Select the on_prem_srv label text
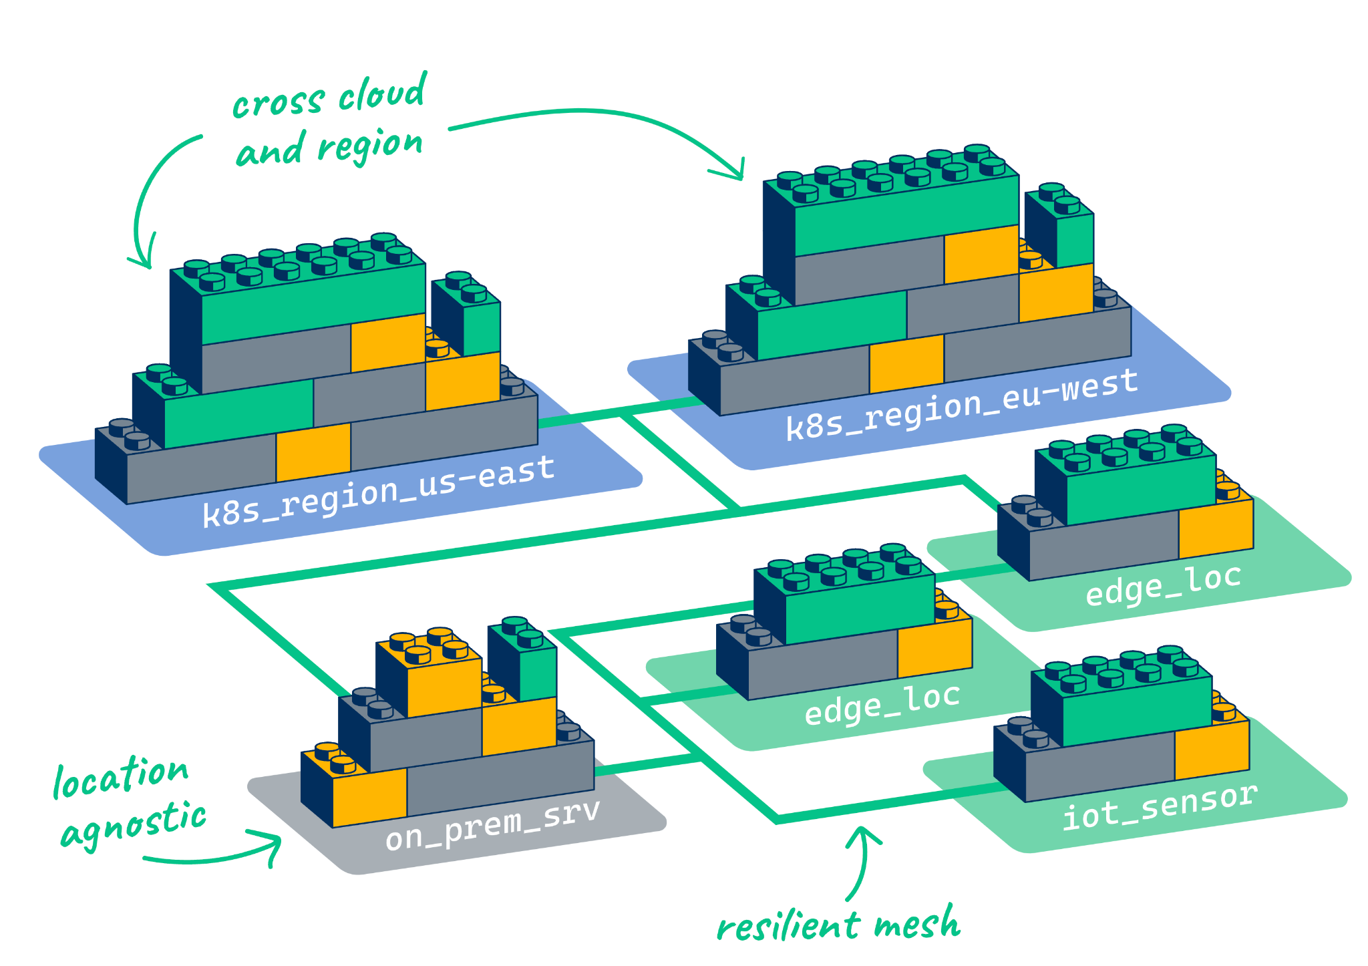point(492,826)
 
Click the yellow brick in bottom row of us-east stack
point(313,452)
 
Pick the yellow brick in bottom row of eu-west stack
point(906,364)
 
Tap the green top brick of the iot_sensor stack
point(1136,709)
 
